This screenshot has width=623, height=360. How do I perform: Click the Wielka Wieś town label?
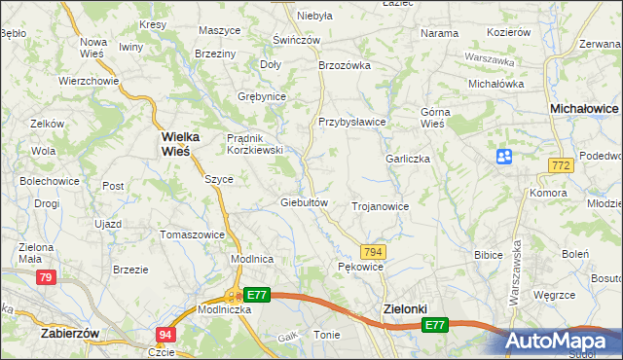175,144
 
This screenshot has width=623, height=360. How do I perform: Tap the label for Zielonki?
402,308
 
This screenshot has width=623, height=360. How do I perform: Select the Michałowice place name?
584,110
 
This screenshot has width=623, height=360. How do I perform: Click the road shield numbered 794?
374,252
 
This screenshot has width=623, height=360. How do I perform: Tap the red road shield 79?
45,278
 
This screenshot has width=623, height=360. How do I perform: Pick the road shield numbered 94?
165,335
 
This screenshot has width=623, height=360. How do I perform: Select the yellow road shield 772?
559,167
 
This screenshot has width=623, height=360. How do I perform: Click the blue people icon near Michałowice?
503,157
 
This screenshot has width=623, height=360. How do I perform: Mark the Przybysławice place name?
352,122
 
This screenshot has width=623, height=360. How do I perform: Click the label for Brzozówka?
346,66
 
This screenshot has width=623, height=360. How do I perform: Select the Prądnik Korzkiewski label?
254,144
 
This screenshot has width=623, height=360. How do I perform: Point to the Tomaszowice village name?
193,234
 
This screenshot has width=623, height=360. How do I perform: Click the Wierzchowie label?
89,81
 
